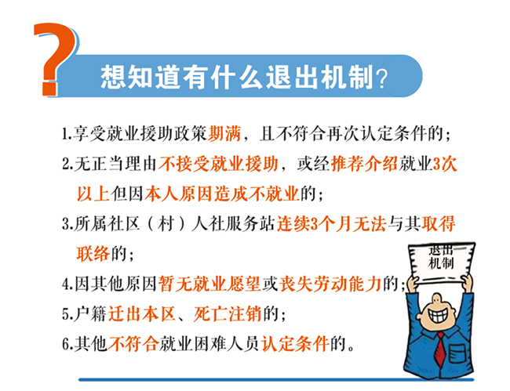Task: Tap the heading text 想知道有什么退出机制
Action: click(x=236, y=77)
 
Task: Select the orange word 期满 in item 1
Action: click(x=224, y=133)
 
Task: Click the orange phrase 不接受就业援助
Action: click(x=218, y=163)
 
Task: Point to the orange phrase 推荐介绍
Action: click(x=364, y=163)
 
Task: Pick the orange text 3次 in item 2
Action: click(x=445, y=163)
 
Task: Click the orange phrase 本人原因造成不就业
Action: click(x=222, y=194)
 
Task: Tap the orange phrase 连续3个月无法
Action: click(x=331, y=224)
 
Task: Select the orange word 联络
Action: click(x=93, y=254)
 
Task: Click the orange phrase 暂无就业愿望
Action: click(x=209, y=284)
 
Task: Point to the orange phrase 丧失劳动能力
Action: click(x=330, y=284)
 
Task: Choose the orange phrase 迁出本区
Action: click(x=142, y=314)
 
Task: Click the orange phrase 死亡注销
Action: click(x=228, y=314)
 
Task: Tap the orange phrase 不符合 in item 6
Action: click(x=133, y=344)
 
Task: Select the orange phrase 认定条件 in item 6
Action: click(x=295, y=344)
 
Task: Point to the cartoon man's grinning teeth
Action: click(x=437, y=315)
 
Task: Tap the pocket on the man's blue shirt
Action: click(x=459, y=354)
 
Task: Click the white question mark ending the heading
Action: click(x=381, y=78)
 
